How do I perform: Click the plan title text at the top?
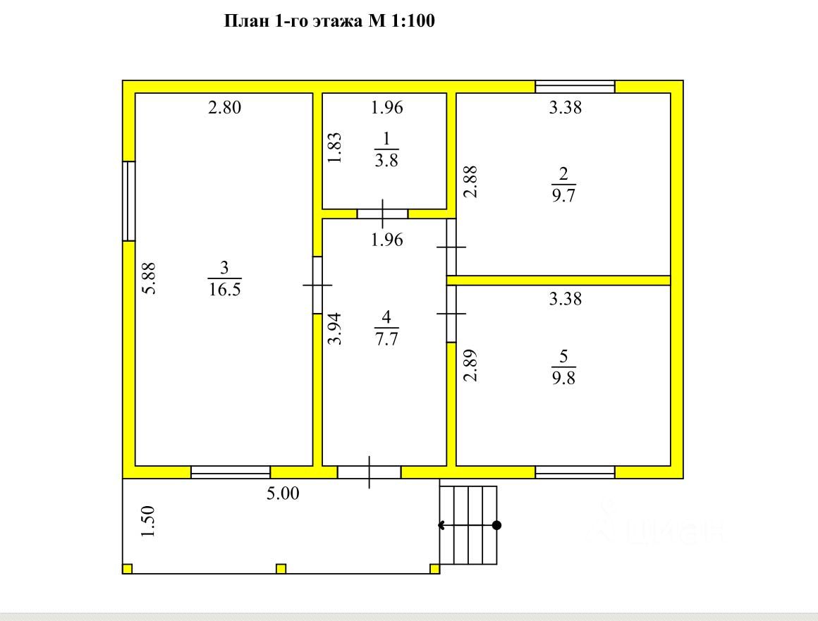329,21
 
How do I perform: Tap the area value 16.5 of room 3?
225,289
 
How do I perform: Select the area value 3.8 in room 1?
386,160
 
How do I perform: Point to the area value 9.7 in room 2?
563,195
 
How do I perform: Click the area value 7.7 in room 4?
386,339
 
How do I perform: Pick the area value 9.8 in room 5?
563,378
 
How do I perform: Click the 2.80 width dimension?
225,107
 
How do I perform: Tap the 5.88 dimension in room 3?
149,278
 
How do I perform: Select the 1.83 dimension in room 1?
335,147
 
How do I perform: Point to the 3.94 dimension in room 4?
335,328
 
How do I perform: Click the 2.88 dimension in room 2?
470,181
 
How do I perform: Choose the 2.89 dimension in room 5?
470,365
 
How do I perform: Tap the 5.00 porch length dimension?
283,493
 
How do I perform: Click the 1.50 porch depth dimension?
148,522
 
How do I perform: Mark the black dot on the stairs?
496,525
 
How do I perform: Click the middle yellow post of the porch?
281,568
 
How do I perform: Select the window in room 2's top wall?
575,87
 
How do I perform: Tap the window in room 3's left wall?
129,202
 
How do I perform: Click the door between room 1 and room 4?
382,214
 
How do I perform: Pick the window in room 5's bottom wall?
575,472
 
